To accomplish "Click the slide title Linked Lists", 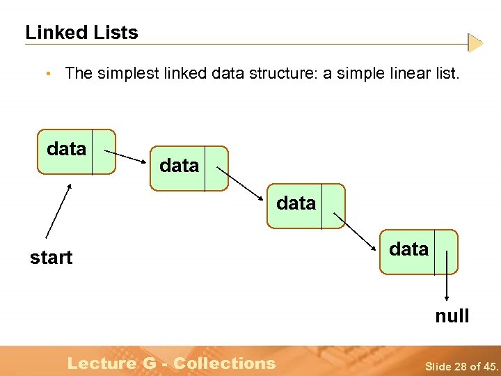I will pos(81,33).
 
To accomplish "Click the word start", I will pos(51,258).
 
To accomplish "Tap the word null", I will pos(452,316).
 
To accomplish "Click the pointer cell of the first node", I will pos(103,150).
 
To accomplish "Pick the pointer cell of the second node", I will pos(216,168).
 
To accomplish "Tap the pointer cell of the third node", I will pos(333,205).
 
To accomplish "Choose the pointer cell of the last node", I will pos(446,251).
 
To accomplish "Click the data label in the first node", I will pos(67,149).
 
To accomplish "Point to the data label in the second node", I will pos(180,166).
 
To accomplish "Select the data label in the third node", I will pos(296,203).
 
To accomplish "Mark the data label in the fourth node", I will pos(409,249).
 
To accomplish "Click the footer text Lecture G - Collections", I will pos(171,363).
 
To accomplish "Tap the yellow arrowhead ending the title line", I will pos(475,43).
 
